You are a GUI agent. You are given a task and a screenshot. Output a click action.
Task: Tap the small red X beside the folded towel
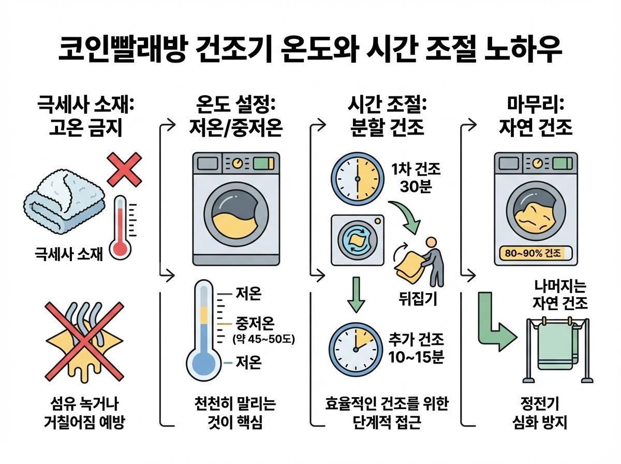coord(124,169)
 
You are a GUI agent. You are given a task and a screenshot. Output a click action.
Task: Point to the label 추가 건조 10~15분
coord(417,348)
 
